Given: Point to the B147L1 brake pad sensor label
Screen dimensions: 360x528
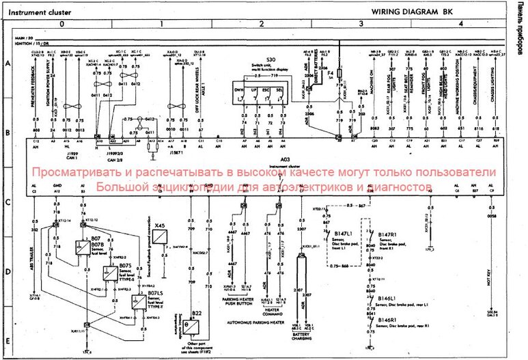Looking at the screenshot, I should pos(342,234).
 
